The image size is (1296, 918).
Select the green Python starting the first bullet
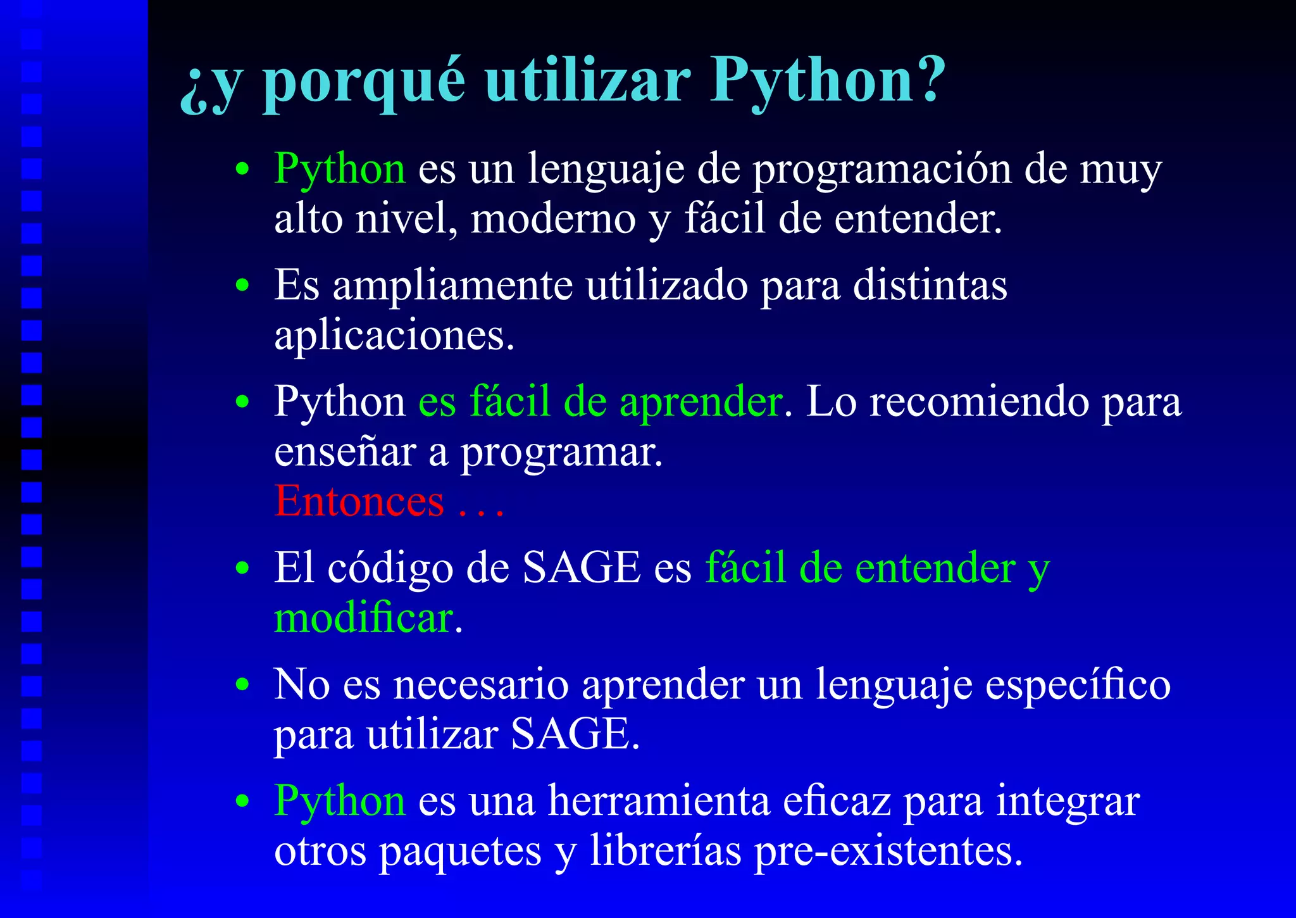(x=339, y=170)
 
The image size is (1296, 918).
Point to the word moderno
(x=553, y=219)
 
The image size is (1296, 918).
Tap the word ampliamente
(x=452, y=286)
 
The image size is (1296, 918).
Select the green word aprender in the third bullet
(x=701, y=403)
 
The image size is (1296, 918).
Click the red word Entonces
(x=359, y=501)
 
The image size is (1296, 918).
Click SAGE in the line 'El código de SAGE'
(x=582, y=567)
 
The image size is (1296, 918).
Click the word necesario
(x=480, y=685)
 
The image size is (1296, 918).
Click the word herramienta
(x=658, y=802)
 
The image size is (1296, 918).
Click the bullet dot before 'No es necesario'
(x=242, y=685)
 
